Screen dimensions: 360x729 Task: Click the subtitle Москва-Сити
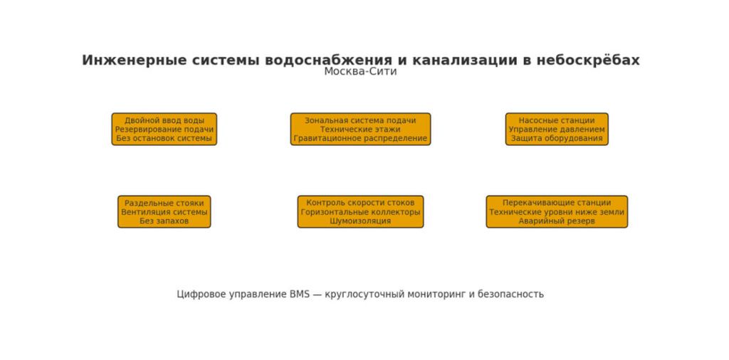[360, 72]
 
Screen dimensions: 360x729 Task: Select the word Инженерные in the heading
[135, 60]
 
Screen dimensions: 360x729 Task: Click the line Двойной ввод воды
[164, 120]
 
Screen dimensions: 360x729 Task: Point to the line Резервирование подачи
[164, 129]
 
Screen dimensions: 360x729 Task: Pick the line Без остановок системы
[164, 139]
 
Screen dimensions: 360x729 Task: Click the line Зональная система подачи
[360, 120]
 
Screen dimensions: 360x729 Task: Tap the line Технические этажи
[360, 129]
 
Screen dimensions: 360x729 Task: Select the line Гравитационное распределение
[360, 139]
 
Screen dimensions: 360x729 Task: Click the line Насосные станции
[557, 120]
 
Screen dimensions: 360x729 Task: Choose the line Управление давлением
[557, 129]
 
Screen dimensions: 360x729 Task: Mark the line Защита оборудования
[557, 139]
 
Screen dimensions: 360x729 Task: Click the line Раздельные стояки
[164, 203]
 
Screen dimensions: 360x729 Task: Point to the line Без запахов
[164, 221]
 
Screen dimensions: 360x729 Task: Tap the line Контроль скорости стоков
[360, 203]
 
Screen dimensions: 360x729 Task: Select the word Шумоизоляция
[360, 221]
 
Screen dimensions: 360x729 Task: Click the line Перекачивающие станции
[557, 203]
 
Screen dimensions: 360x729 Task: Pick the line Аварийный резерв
[557, 221]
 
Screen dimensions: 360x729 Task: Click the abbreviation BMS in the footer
[300, 294]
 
